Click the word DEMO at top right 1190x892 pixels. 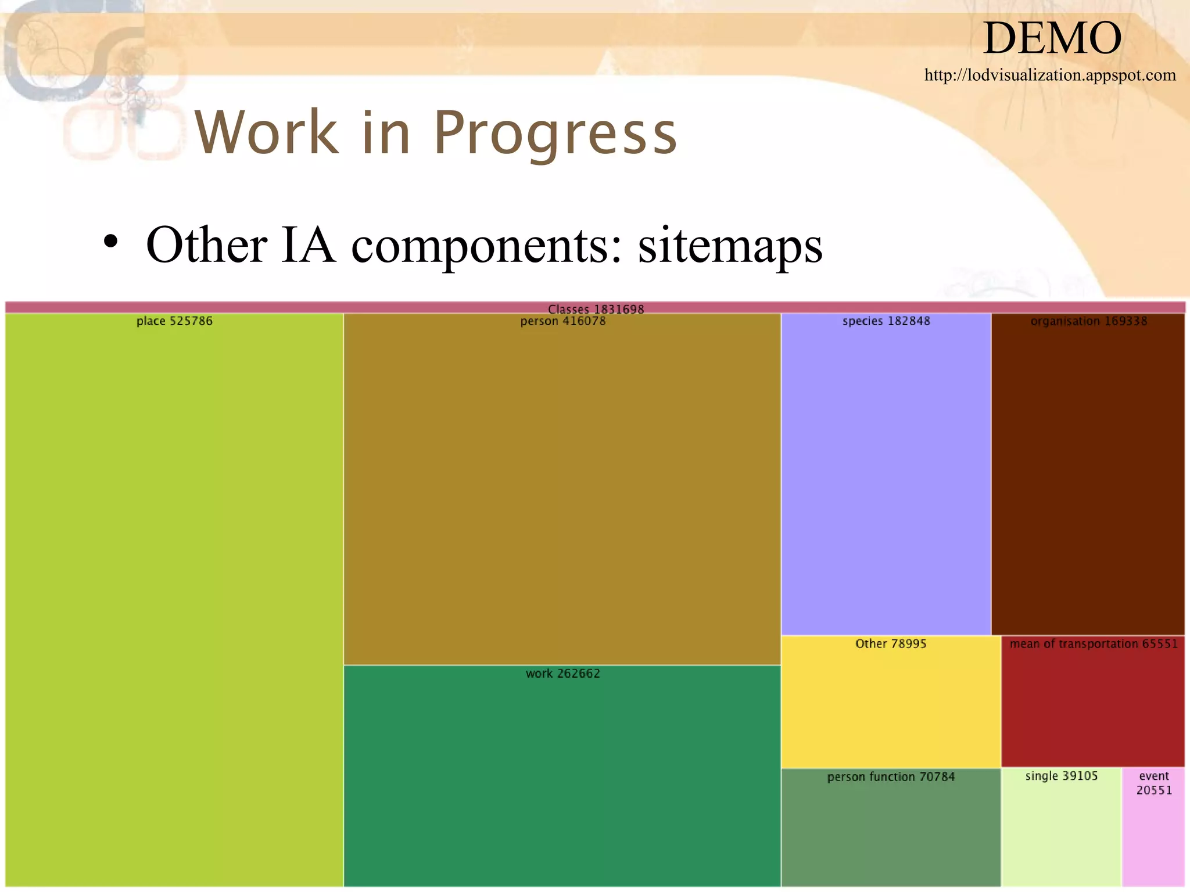pos(1052,38)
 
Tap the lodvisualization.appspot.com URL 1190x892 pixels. pos(1050,75)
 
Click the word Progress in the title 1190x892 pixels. pos(555,134)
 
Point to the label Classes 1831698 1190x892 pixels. pos(596,309)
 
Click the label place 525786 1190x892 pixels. pos(174,321)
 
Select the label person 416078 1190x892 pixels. pos(562,321)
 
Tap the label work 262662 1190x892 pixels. pos(562,674)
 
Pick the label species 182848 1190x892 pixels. pos(886,321)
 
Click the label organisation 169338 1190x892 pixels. pos(1088,321)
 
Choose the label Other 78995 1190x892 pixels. pos(891,643)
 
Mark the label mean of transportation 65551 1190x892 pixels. pos(1094,643)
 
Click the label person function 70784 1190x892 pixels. pos(891,777)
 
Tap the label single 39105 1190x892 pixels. pos(1062,776)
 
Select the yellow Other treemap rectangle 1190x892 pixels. pos(891,708)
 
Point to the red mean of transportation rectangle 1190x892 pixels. pos(1093,708)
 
